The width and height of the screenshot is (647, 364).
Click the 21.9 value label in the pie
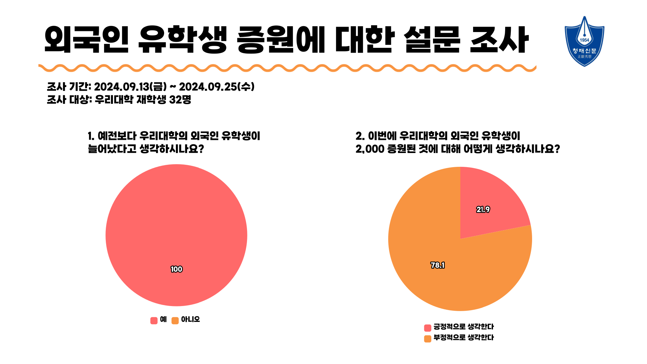(x=483, y=210)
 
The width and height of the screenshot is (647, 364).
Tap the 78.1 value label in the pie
(x=437, y=266)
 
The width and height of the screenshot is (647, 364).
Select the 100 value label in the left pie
(x=176, y=269)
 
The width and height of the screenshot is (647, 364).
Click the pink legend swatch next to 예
(x=154, y=321)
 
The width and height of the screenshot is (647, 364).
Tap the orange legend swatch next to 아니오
(x=175, y=321)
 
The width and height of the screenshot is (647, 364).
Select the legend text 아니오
(x=190, y=319)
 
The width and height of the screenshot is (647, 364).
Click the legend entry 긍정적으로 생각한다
(x=463, y=327)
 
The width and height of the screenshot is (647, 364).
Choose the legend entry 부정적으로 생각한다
(x=463, y=337)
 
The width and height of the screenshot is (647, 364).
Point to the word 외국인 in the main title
(x=86, y=40)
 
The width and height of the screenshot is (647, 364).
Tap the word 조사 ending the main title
(x=499, y=40)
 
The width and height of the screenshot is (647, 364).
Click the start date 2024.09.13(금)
(x=130, y=87)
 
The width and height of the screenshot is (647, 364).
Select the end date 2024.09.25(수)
(x=217, y=87)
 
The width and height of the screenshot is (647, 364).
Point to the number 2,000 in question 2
(x=370, y=149)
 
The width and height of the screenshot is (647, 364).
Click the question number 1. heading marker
(x=91, y=136)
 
